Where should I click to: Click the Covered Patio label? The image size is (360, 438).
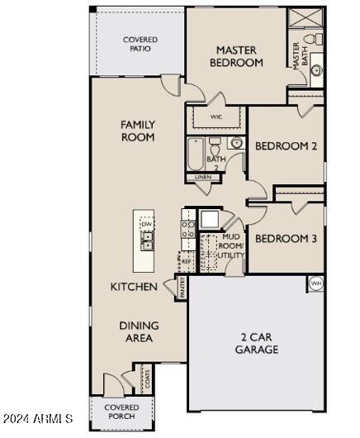pyautogui.click(x=140, y=44)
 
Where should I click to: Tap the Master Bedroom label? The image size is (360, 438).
pyautogui.click(x=236, y=56)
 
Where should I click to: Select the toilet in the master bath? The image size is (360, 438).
pyautogui.click(x=311, y=40)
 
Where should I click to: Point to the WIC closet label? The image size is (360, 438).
pyautogui.click(x=216, y=117)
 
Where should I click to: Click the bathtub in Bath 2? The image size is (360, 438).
pyautogui.click(x=196, y=154)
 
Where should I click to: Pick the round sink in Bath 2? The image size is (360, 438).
pyautogui.click(x=235, y=144)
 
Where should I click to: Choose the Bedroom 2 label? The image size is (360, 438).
pyautogui.click(x=286, y=146)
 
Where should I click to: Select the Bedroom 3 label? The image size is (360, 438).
pyautogui.click(x=285, y=239)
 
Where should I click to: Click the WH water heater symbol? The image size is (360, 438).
pyautogui.click(x=315, y=283)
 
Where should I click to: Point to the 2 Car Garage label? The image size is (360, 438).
pyautogui.click(x=258, y=343)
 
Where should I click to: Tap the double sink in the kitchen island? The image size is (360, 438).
pyautogui.click(x=147, y=241)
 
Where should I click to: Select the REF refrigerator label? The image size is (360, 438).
pyautogui.click(x=187, y=261)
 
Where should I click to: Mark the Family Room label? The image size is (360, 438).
pyautogui.click(x=138, y=131)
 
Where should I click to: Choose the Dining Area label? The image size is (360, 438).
pyautogui.click(x=139, y=331)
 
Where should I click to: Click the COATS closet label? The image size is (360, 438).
pyautogui.click(x=147, y=379)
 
